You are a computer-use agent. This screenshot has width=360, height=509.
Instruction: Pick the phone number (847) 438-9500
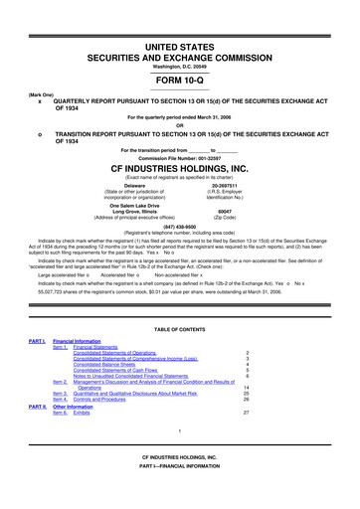179,226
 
